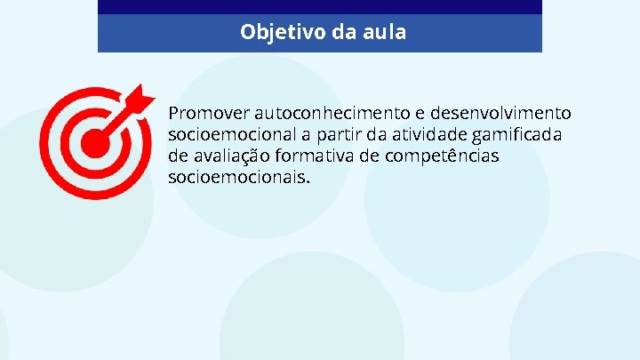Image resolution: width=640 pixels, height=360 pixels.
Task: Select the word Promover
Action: click(x=208, y=114)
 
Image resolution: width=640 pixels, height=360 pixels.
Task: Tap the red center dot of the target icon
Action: click(x=94, y=142)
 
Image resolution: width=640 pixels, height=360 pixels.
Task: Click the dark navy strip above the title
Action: click(x=319, y=6)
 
